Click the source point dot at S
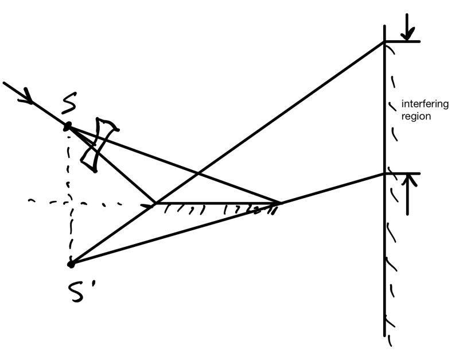(68, 126)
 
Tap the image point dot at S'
(71, 264)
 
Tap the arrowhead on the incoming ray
(26, 98)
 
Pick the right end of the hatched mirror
(279, 203)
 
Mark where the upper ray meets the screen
(384, 42)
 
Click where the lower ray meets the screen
(384, 173)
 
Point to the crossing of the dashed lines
(70, 202)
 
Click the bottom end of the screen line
(384, 335)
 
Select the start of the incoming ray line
(5, 83)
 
